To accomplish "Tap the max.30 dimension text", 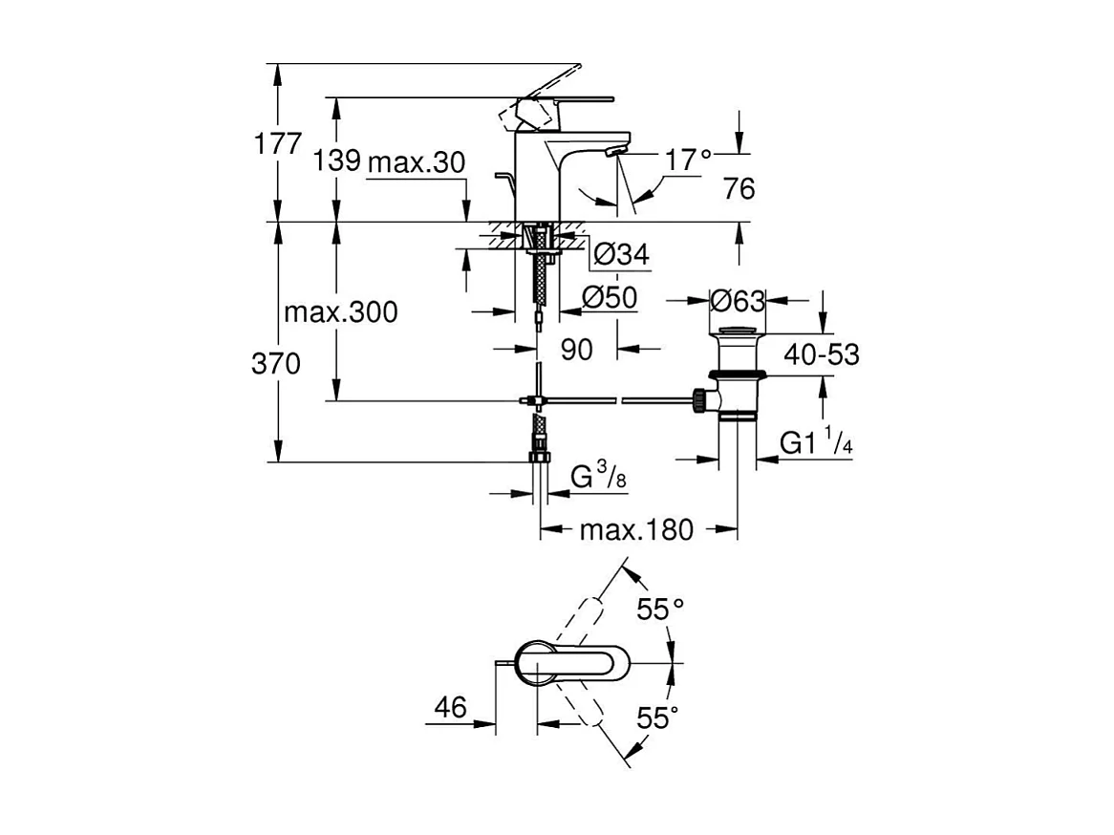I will pos(417,161).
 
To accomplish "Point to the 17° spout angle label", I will pos(689,161).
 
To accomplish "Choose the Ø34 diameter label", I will pos(621,254).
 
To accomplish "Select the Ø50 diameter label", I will pos(609,298).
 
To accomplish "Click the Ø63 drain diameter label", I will pos(738,301).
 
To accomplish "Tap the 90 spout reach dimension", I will pos(576,350).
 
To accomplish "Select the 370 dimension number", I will pos(277,364).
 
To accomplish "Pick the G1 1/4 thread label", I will pos(815,443).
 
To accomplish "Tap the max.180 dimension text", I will pos(636,529).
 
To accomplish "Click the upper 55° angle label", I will pos(662,609).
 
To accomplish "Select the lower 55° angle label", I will pos(657,717).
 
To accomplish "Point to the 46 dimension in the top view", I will pos(450,708).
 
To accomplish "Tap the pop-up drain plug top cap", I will pos(738,332).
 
